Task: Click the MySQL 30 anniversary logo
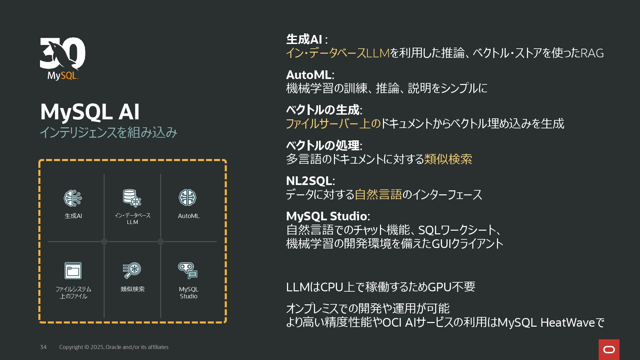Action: tap(62, 58)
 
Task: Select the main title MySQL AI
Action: tap(90, 112)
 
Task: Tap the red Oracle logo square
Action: tap(609, 349)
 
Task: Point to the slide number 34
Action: tap(43, 347)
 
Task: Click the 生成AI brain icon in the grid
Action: tap(73, 198)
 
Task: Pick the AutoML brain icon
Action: tap(187, 197)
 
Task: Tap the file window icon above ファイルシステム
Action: tap(73, 270)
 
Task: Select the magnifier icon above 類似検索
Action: tap(132, 270)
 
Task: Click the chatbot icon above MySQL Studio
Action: tap(188, 270)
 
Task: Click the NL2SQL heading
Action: tap(309, 181)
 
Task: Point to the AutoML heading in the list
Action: tap(309, 75)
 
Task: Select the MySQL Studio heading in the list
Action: tap(327, 216)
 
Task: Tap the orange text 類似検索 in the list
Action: tap(448, 159)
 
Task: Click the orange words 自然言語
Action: tap(378, 194)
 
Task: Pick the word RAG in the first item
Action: tap(592, 53)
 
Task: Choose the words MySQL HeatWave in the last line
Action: tap(546, 323)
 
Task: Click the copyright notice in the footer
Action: tap(114, 347)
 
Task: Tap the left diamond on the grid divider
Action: tap(104, 242)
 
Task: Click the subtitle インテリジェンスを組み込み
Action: tap(108, 132)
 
